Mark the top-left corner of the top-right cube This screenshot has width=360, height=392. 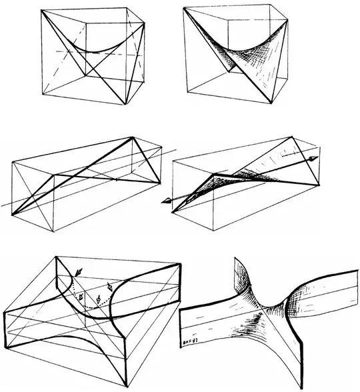click(x=184, y=9)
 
